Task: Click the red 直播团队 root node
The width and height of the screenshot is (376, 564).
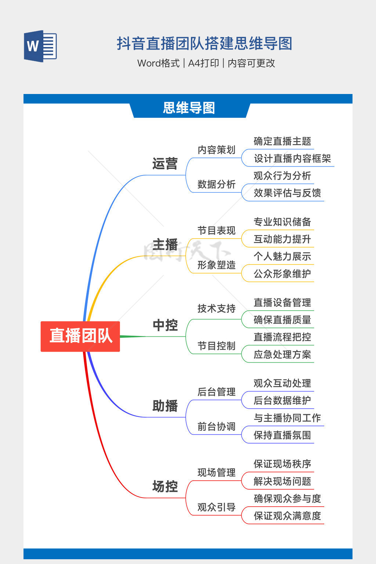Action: tap(80, 336)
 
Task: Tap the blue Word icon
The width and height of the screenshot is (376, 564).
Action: tap(40, 46)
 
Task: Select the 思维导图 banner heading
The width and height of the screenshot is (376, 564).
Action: tap(189, 108)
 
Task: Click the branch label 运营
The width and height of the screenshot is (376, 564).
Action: tap(165, 164)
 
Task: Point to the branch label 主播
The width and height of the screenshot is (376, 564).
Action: tap(165, 245)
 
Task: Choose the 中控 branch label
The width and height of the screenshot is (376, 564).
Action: tap(165, 325)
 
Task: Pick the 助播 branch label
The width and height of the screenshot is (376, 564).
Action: tap(165, 406)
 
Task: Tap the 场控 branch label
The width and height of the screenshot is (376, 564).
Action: tap(165, 487)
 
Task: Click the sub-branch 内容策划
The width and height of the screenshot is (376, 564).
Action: tap(216, 150)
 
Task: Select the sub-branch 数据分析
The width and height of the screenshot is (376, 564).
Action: tap(216, 184)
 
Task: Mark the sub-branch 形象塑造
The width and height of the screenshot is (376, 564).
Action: tap(216, 265)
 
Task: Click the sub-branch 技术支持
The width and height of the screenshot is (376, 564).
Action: tap(216, 309)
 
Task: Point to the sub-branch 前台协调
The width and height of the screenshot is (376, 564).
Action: tap(216, 427)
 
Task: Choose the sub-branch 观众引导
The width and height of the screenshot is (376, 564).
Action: tap(216, 507)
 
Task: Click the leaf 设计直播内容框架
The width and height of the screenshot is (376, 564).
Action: tap(292, 159)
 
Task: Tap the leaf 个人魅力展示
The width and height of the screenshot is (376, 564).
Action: tap(282, 257)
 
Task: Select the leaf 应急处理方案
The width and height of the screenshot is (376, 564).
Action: tap(282, 355)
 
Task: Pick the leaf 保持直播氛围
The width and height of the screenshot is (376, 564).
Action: tap(282, 435)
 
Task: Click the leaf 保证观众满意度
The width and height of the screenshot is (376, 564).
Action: tap(287, 516)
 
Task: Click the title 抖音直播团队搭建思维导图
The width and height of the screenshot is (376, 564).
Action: tap(205, 44)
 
